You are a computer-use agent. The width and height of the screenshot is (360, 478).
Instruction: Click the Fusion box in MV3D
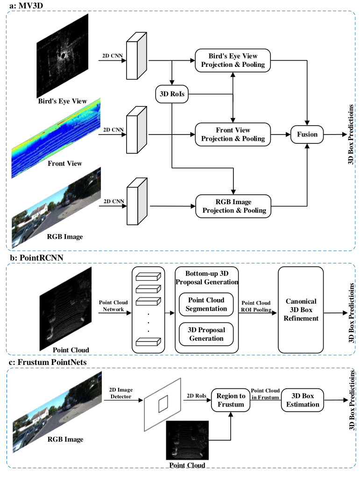point(307,135)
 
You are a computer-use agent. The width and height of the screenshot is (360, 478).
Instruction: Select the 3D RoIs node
point(172,94)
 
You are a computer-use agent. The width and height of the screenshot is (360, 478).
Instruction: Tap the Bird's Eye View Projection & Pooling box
point(233,60)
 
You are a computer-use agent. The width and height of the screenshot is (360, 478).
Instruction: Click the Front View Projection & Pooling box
point(233,135)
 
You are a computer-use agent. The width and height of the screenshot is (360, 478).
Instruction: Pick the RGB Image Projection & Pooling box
point(233,206)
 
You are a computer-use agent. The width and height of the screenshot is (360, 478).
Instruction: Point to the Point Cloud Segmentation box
point(206,304)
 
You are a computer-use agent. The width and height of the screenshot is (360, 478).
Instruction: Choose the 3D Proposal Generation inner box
point(206,334)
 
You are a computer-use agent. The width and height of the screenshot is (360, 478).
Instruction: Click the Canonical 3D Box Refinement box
point(300,310)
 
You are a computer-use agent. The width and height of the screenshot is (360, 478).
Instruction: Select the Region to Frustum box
point(231,400)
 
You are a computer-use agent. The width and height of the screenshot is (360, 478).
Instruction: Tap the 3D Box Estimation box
point(303,400)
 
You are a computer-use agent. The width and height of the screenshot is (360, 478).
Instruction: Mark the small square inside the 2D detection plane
point(163,404)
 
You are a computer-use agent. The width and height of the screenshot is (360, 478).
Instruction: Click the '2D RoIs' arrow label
point(196,395)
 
